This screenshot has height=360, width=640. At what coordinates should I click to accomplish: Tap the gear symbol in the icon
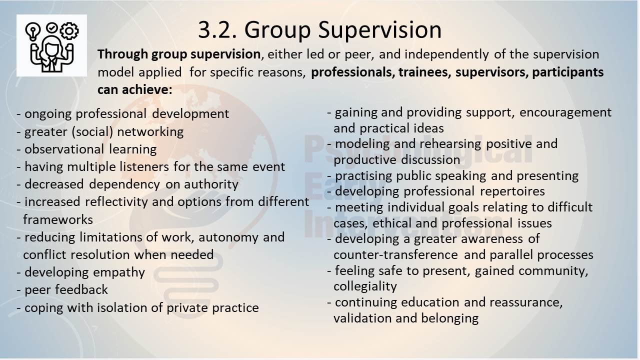point(69,31)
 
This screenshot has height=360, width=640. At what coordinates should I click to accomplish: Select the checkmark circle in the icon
point(51,28)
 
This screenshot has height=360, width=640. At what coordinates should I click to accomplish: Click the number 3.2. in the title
point(217,29)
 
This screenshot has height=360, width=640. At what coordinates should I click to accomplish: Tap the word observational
point(64,149)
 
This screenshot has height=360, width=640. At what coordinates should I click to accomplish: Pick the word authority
point(211,185)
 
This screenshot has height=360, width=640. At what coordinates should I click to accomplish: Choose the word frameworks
point(58,219)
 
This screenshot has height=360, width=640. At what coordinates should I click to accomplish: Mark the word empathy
point(119,272)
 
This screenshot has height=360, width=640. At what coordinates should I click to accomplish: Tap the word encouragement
point(565,113)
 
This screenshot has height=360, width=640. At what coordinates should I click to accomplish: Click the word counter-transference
point(395,255)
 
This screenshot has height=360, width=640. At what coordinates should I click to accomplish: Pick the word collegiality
point(365,286)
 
